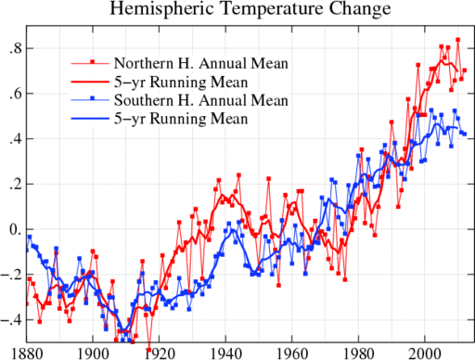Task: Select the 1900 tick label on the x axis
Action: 92,353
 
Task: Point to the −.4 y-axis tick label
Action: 13,321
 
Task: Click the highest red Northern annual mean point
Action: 457,40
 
